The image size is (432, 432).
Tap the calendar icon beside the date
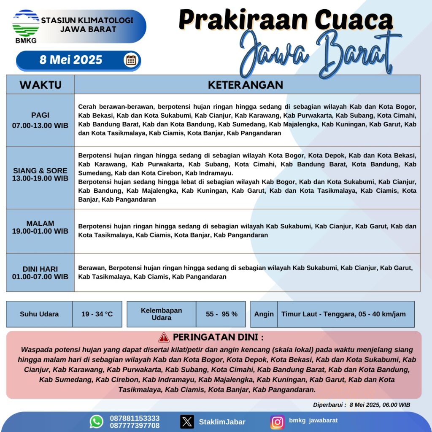(131, 60)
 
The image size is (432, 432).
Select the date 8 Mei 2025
(71, 60)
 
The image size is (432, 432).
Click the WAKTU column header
(40, 85)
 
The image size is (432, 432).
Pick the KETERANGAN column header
(246, 85)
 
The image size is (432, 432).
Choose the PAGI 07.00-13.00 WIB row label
(40, 120)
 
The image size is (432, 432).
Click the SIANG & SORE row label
(40, 174)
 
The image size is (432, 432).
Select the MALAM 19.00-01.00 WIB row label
(40, 227)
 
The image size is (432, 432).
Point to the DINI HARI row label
(40, 273)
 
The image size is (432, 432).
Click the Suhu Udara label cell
(39, 314)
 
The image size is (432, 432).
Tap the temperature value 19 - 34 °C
(97, 314)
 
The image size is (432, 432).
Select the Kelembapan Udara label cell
(161, 314)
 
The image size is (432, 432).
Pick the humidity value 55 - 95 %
(221, 314)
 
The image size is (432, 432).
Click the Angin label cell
(264, 314)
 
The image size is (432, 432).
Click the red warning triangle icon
(164, 337)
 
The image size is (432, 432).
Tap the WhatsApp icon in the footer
(97, 421)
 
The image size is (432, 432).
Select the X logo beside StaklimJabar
(187, 421)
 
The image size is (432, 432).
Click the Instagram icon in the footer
(277, 421)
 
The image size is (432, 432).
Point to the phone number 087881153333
(135, 418)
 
